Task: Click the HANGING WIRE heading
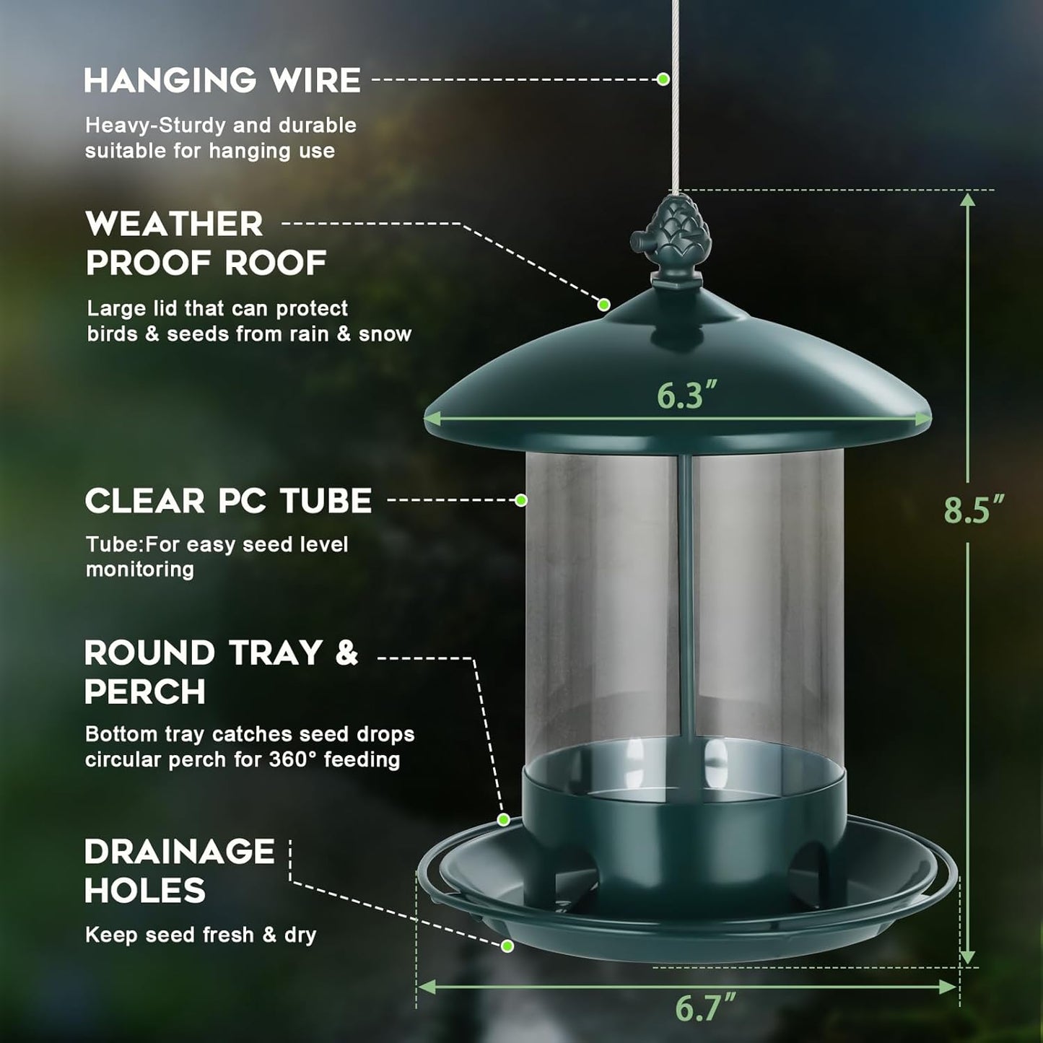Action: point(222,80)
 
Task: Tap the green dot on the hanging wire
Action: point(663,79)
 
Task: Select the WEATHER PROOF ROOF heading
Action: point(206,243)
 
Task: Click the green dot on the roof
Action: point(604,305)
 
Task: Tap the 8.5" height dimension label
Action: point(974,510)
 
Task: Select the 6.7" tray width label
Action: point(705,1008)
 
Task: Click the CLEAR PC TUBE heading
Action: point(228,501)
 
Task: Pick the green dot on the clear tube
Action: point(521,499)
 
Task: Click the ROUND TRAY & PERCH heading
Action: point(220,672)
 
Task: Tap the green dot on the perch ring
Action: point(504,819)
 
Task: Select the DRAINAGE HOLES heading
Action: point(179,870)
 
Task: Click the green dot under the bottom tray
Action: point(507,946)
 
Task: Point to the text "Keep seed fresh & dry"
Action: point(201,935)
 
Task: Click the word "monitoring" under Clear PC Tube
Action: point(140,569)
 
